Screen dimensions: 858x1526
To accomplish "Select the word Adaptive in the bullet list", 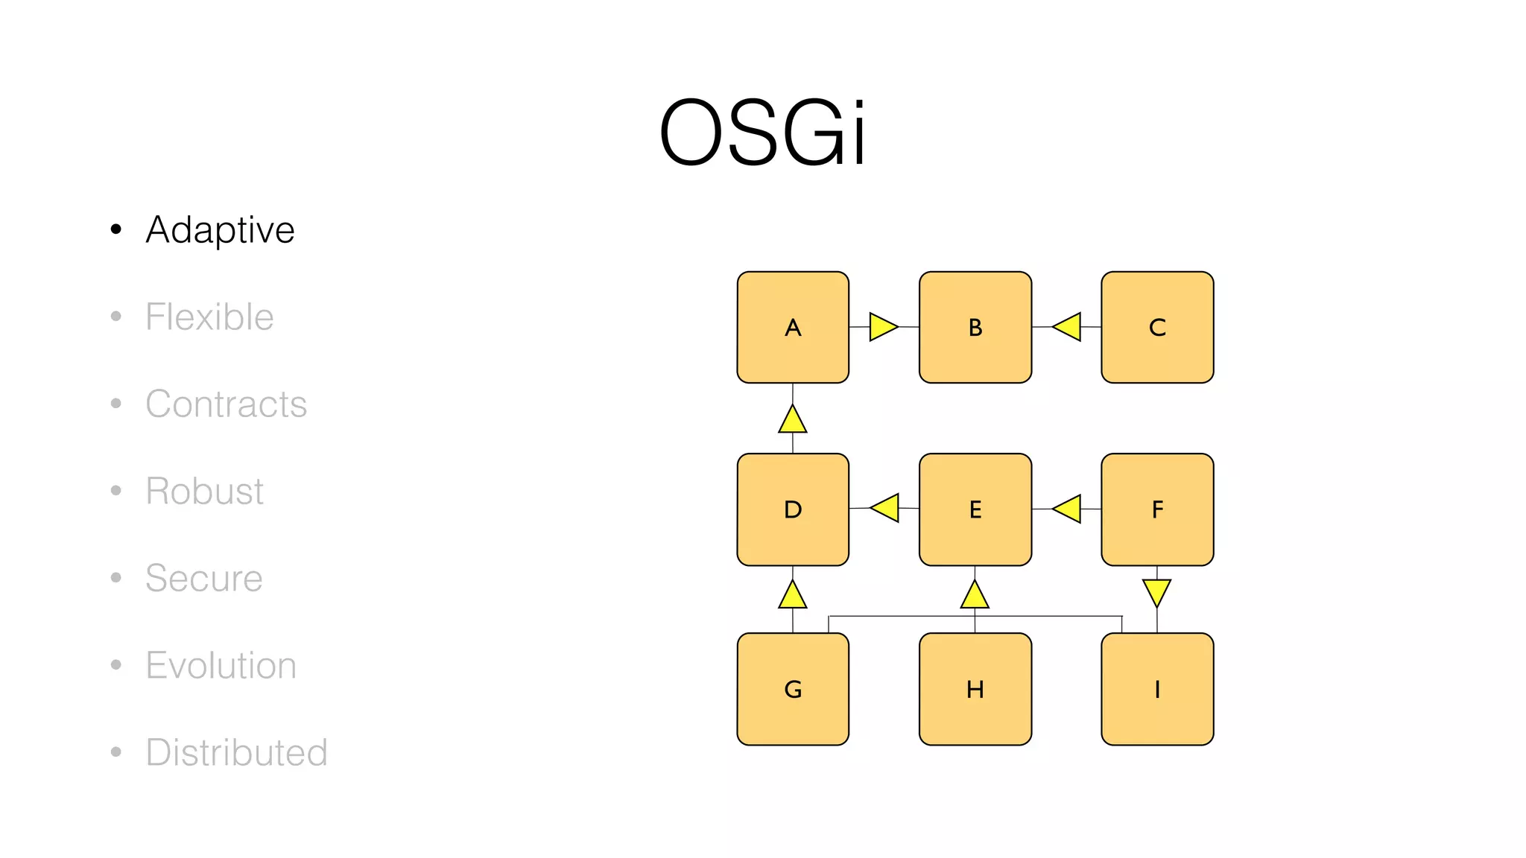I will point(221,229).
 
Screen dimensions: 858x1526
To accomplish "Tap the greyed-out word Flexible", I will point(209,317).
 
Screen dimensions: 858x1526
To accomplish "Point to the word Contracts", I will point(226,404).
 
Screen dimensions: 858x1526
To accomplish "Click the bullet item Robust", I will point(204,491).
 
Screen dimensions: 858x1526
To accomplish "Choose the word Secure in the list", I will point(203,578).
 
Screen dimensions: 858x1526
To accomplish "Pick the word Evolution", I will point(221,665).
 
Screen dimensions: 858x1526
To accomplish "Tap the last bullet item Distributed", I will point(236,752).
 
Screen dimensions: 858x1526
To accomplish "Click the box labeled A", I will point(793,327).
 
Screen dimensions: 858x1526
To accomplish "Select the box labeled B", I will point(975,327).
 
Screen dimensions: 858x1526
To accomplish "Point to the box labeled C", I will point(1157,327).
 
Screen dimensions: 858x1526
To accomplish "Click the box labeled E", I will point(975,509).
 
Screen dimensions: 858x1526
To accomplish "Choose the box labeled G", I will point(793,689).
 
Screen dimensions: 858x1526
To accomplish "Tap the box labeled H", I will point(975,689).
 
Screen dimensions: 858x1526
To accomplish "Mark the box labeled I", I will point(1157,689).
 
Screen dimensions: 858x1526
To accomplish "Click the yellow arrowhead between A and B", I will point(882,327).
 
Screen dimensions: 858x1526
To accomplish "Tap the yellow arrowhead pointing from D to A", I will point(793,420).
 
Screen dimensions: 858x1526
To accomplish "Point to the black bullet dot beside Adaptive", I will point(115,229).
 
